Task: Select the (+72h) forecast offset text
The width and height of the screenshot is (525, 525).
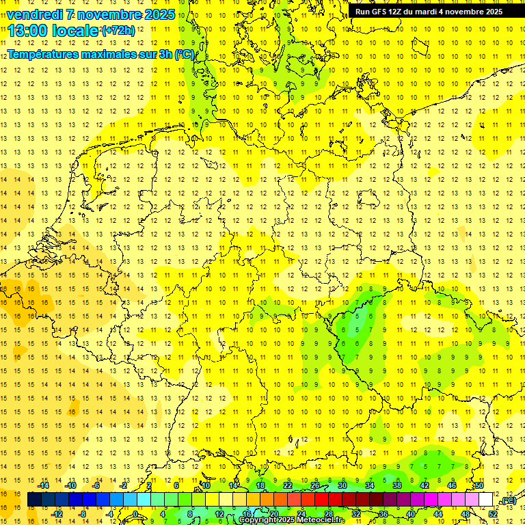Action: [118, 31]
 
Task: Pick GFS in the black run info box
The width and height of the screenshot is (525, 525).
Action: [381, 12]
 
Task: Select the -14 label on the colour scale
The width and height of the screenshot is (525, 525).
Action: [44, 485]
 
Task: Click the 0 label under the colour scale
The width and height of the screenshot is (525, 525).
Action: [135, 514]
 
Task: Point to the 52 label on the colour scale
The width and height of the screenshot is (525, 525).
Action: [493, 514]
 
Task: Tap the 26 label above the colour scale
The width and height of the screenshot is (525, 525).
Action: [314, 485]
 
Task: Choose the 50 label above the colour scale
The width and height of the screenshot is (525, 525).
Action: [479, 485]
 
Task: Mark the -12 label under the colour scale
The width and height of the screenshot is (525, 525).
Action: [57, 514]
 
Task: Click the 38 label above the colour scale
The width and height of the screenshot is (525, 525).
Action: [396, 485]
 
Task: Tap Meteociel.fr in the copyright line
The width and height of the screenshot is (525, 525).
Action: [321, 520]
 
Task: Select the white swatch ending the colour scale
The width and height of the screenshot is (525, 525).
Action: [486, 500]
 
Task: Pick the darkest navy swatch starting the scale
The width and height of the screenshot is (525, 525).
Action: [34, 500]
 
